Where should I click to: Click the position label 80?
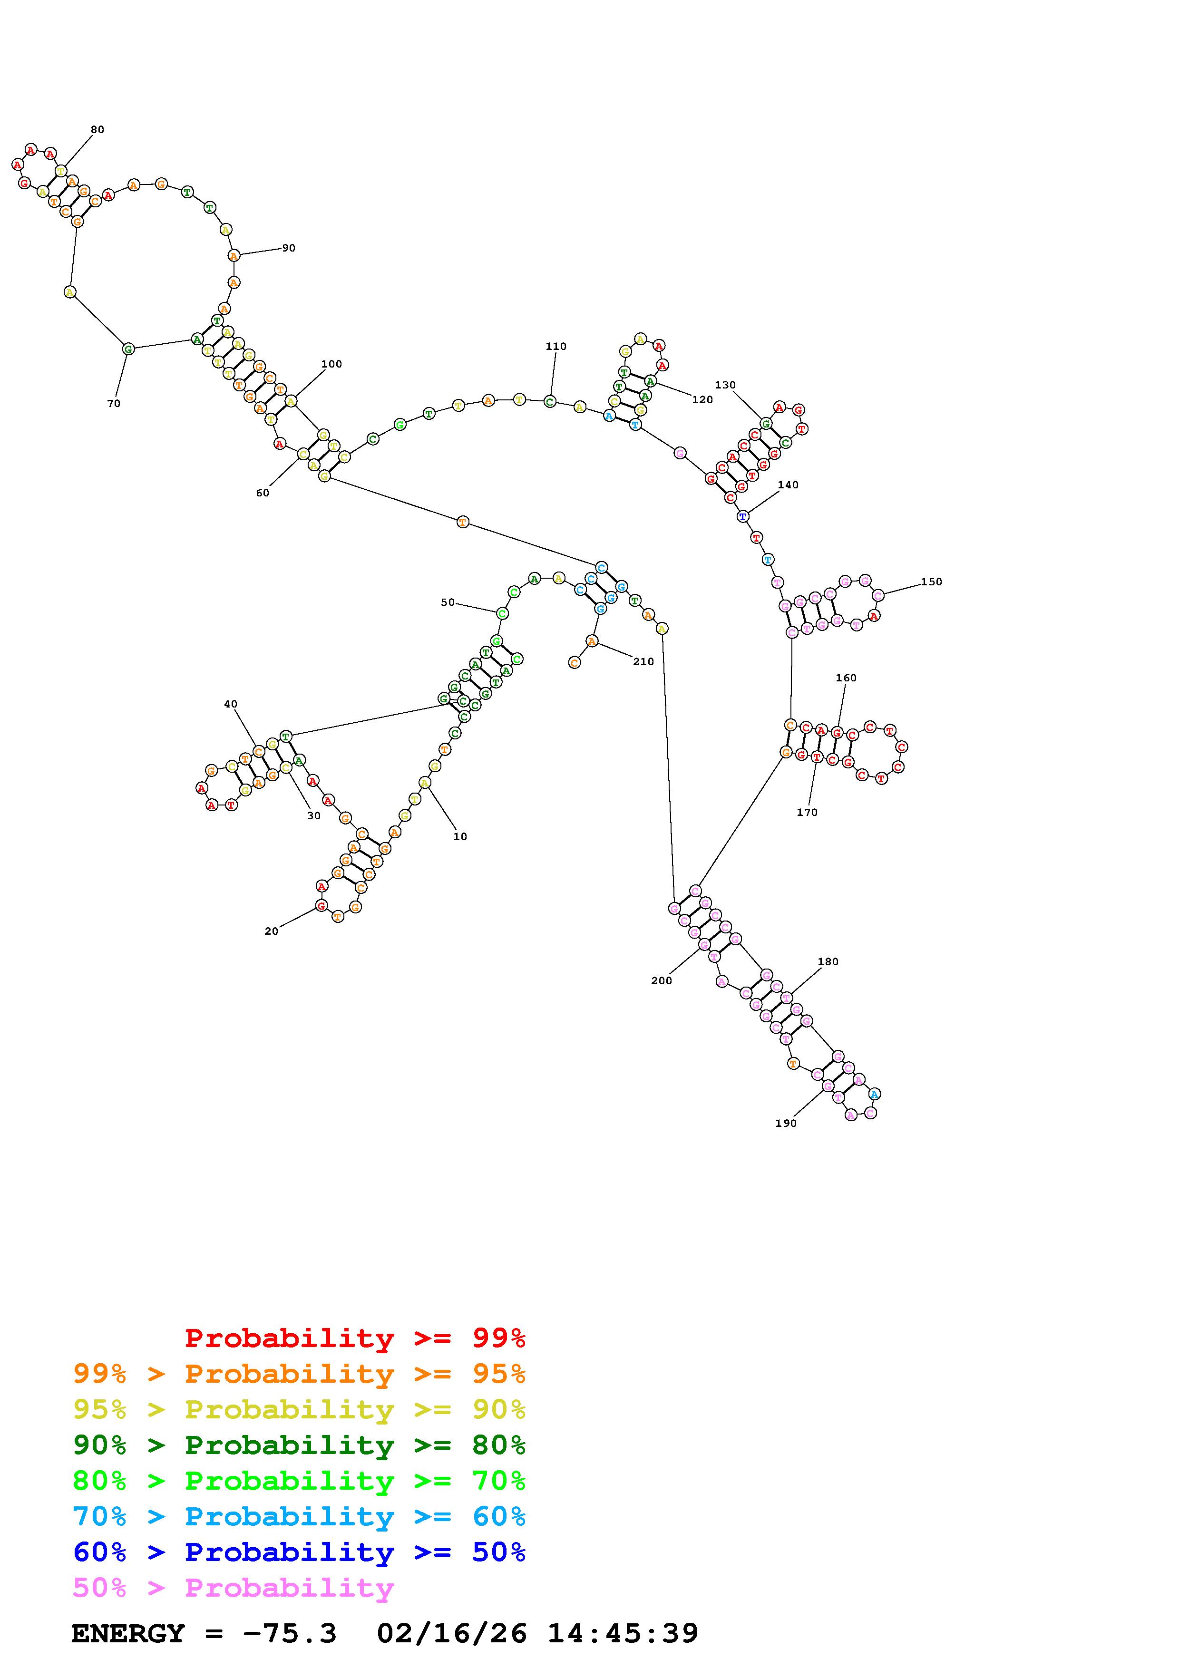coord(97,130)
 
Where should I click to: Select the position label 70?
coord(113,404)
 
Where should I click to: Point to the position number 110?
coord(555,347)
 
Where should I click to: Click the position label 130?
coord(725,385)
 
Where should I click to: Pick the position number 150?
coord(931,582)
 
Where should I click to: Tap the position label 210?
coord(643,662)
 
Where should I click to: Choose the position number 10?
coord(460,837)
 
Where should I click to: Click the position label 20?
coord(271,931)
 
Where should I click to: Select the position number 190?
coord(785,1123)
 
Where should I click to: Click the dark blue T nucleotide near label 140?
coord(742,516)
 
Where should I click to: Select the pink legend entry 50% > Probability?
coord(233,1587)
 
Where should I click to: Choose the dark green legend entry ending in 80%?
coord(299,1445)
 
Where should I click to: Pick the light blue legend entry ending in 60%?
coord(299,1516)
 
